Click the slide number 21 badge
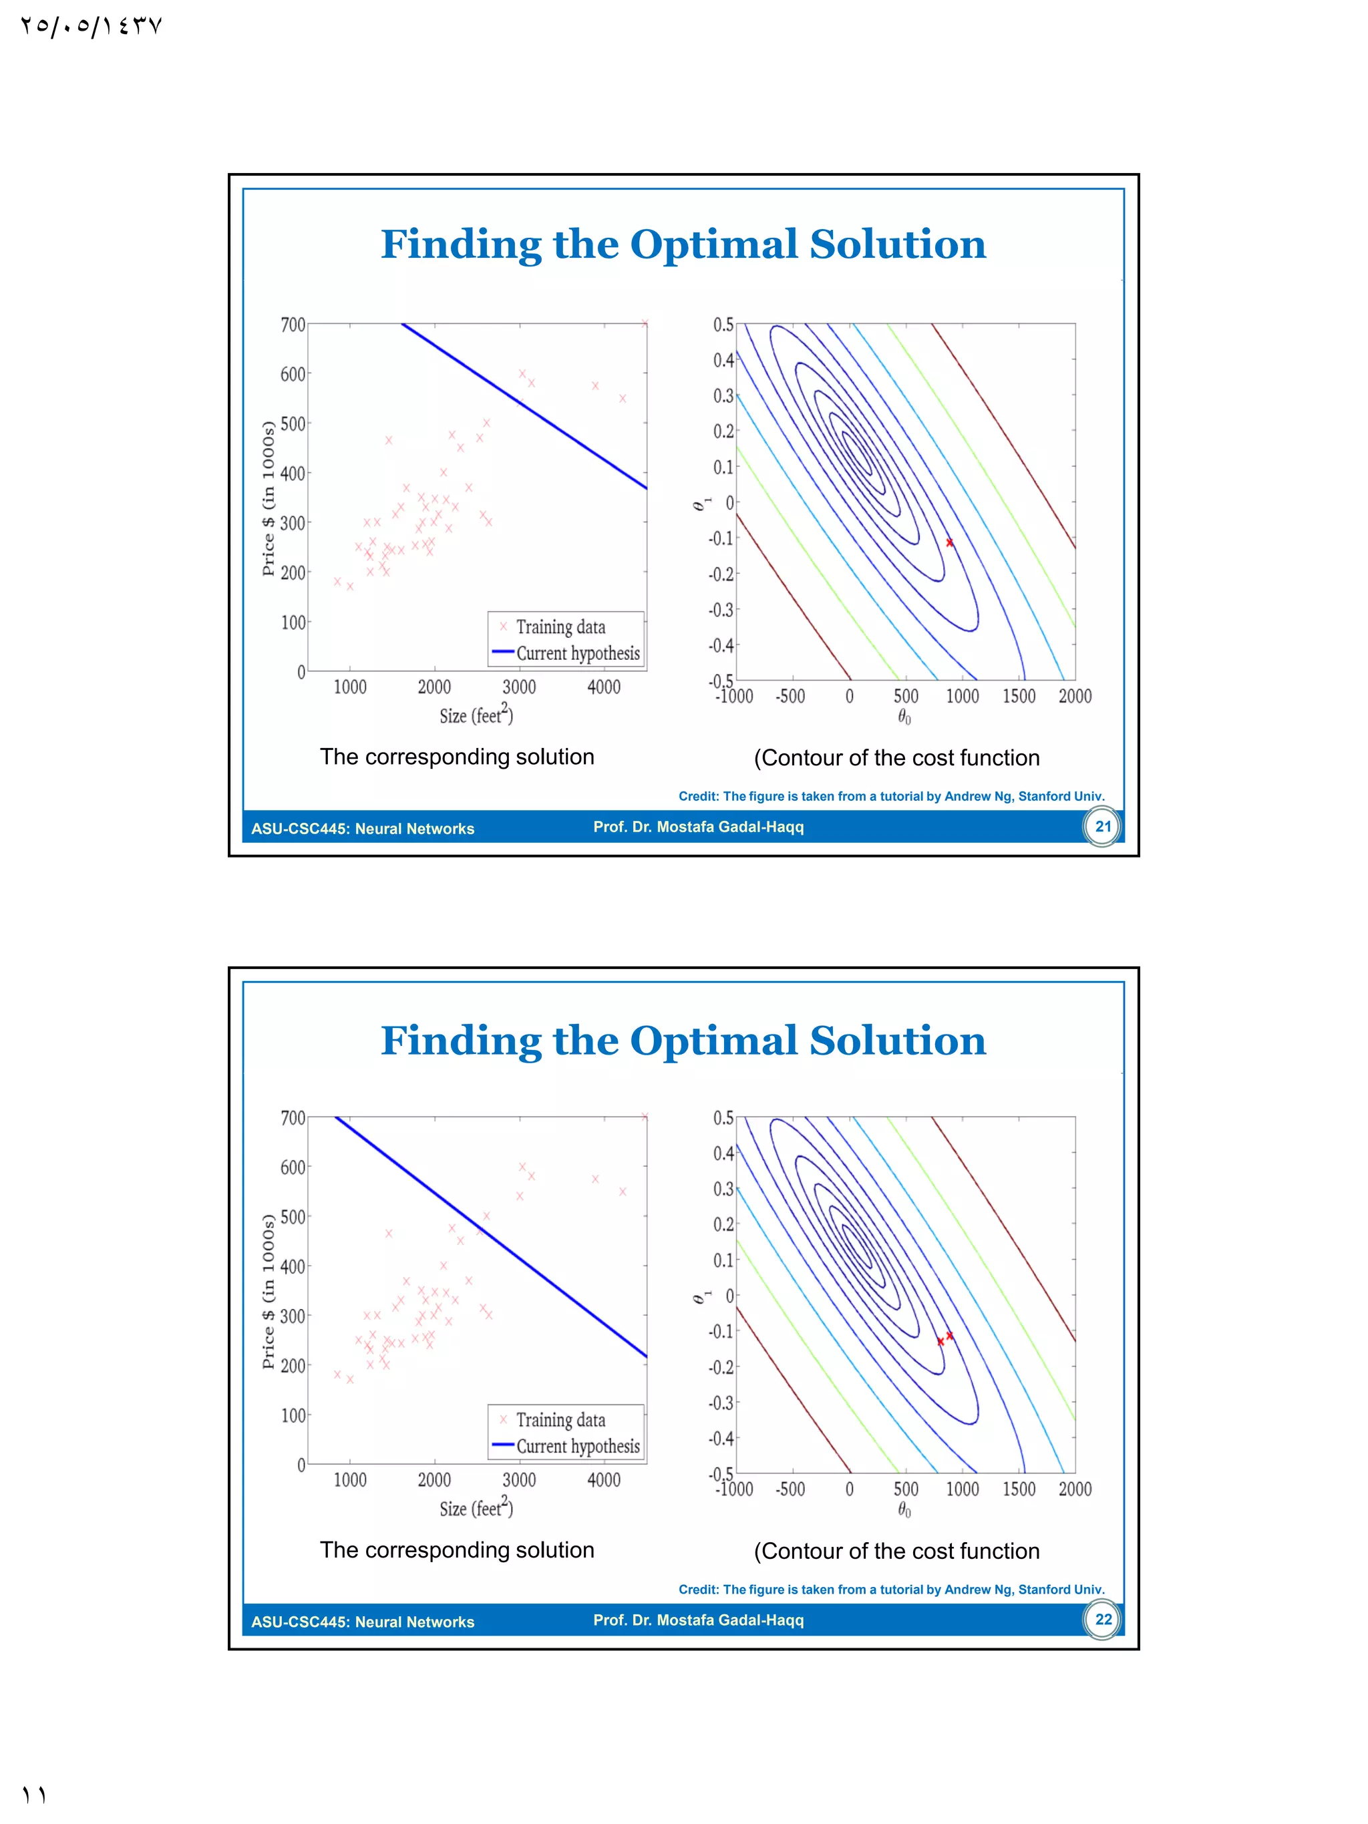click(x=1102, y=826)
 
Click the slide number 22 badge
click(x=1102, y=1620)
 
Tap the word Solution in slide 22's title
click(x=897, y=1041)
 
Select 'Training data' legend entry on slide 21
click(x=560, y=626)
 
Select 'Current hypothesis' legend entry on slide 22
click(x=577, y=1447)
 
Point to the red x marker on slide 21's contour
click(x=950, y=542)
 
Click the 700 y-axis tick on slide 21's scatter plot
click(x=293, y=325)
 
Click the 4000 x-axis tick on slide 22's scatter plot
click(x=604, y=1480)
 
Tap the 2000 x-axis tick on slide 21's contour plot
click(x=1075, y=696)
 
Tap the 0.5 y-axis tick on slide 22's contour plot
click(x=723, y=1118)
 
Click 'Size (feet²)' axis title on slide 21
click(x=476, y=714)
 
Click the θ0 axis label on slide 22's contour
click(x=904, y=1511)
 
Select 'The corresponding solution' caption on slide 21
click(x=457, y=757)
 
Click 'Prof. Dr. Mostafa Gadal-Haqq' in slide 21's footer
click(x=699, y=827)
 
